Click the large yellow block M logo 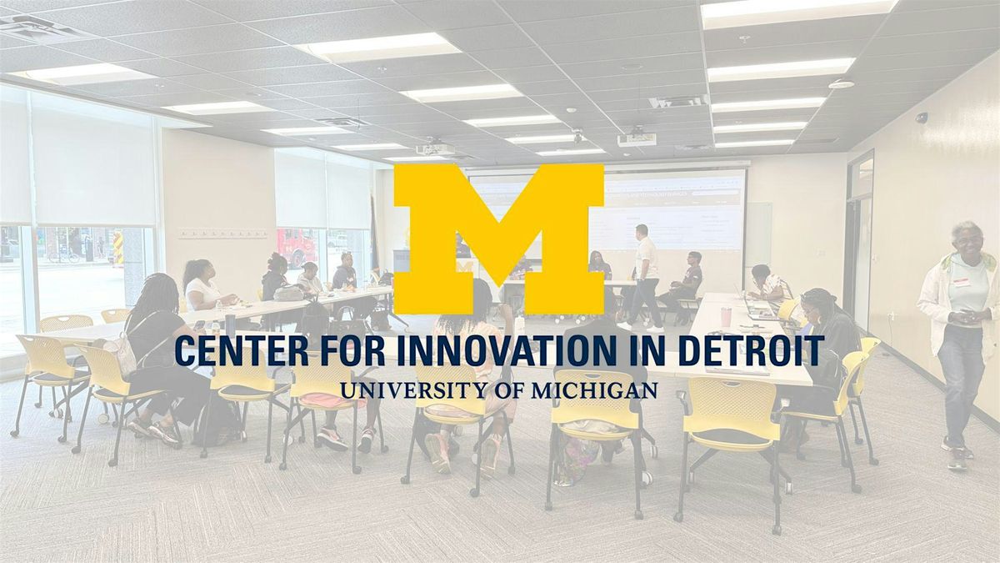[x=498, y=239]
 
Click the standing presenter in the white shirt [x=645, y=277]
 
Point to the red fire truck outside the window [x=296, y=247]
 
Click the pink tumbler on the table [x=726, y=316]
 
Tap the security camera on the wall [x=922, y=118]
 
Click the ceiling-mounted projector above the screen [x=637, y=138]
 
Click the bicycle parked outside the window [x=64, y=256]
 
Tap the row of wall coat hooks [x=222, y=234]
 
